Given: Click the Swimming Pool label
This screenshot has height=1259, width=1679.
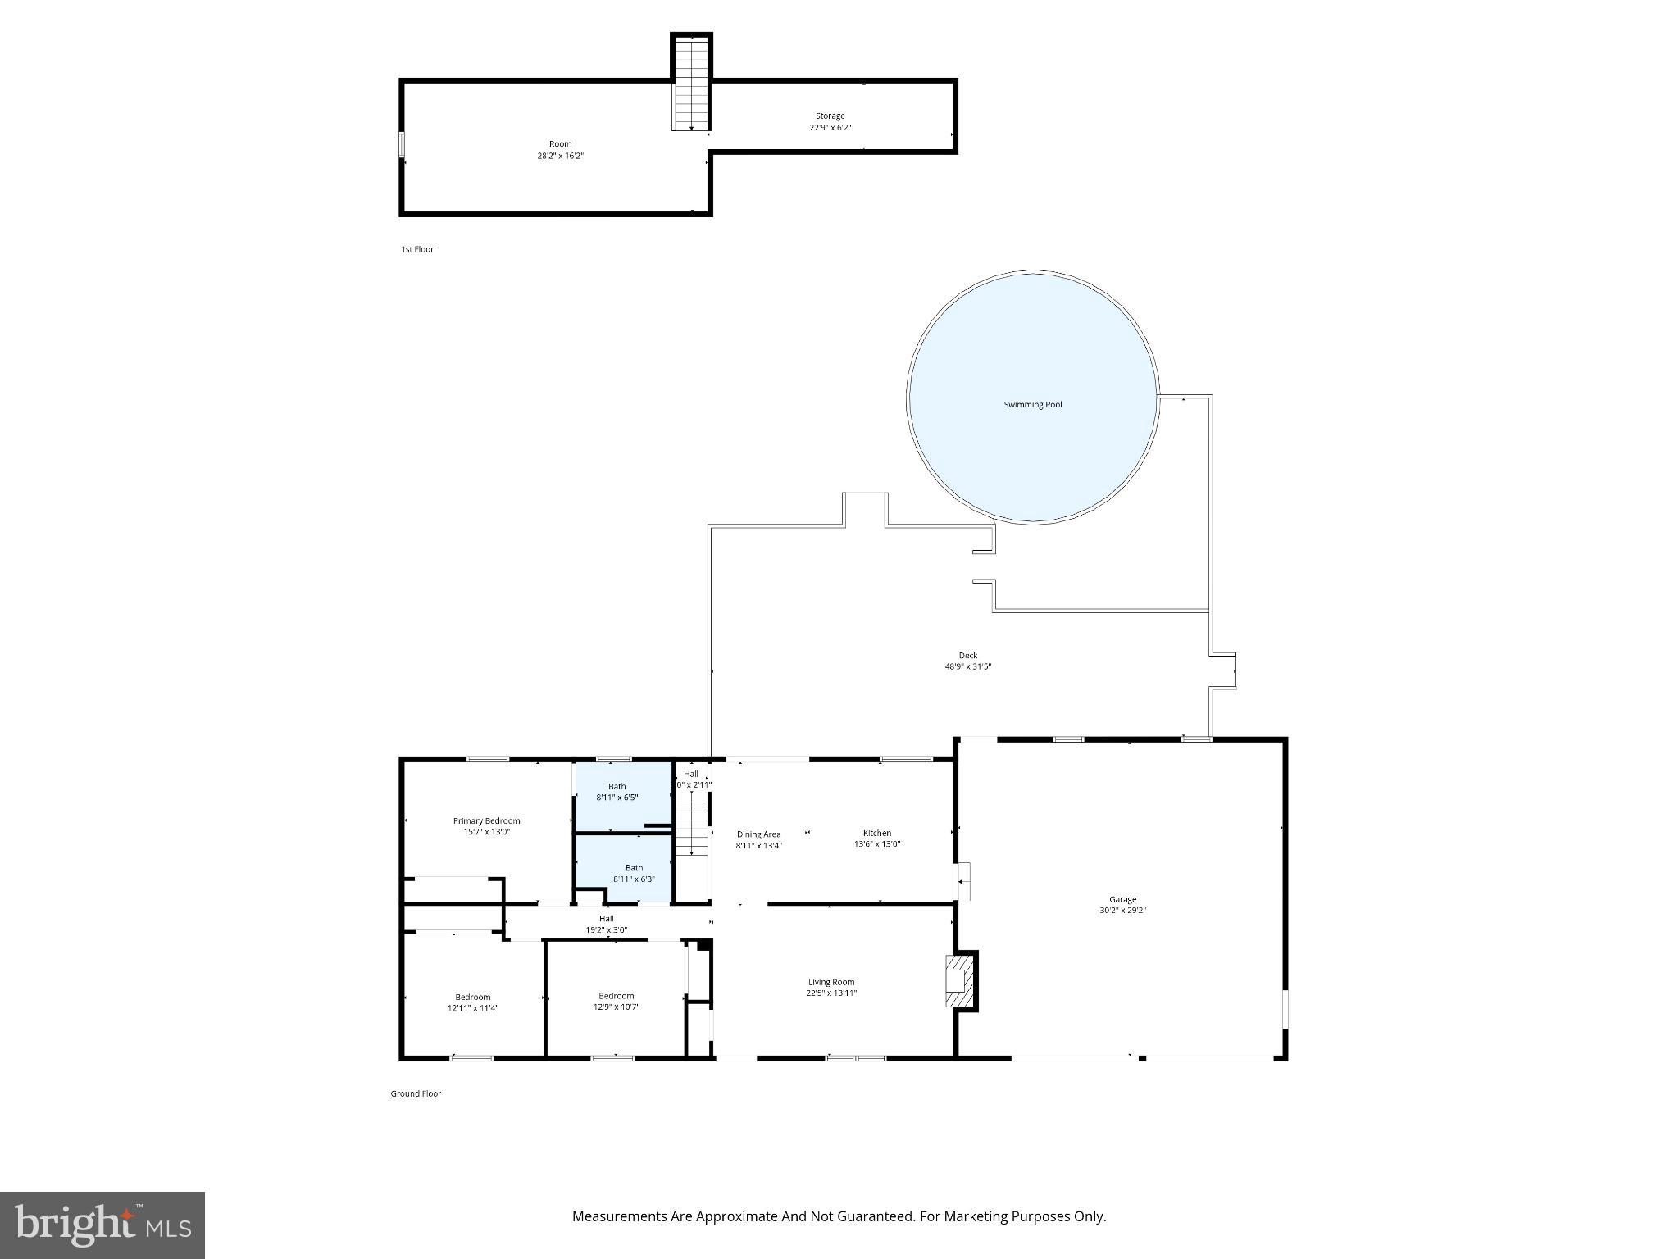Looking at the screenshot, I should coord(1032,404).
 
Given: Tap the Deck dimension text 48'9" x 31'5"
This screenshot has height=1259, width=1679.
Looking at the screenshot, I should coord(968,666).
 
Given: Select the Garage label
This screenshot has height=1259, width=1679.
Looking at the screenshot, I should coord(1122,899).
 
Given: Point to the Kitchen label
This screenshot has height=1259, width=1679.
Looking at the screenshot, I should coord(876,833).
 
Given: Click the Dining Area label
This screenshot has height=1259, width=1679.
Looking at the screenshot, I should coord(758,834).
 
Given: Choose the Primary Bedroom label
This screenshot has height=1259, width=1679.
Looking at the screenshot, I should coord(486,820).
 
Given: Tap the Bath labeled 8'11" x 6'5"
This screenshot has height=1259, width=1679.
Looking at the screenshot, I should coord(617,791).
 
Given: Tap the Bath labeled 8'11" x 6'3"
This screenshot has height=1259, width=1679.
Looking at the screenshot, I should coord(634,873).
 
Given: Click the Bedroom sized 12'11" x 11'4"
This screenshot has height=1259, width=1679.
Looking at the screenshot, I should coord(472,1002).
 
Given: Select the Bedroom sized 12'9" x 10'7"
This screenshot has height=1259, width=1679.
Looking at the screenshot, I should coord(616,1001).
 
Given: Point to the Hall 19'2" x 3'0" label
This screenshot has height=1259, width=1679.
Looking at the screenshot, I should coord(606,924).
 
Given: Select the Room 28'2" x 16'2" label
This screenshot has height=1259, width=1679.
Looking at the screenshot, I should coord(560,149).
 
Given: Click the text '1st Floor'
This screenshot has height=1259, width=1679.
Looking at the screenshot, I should coord(416,249).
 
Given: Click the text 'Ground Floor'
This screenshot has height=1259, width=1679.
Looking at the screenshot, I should coord(415,1093).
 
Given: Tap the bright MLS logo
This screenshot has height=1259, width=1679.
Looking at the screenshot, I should coord(102,1225).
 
